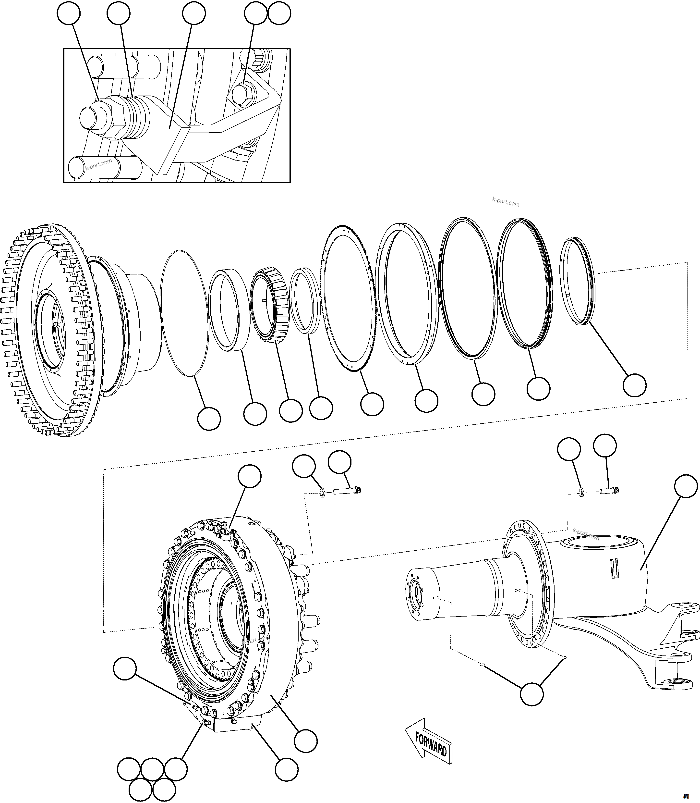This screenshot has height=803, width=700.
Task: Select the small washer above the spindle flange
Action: (581, 493)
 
